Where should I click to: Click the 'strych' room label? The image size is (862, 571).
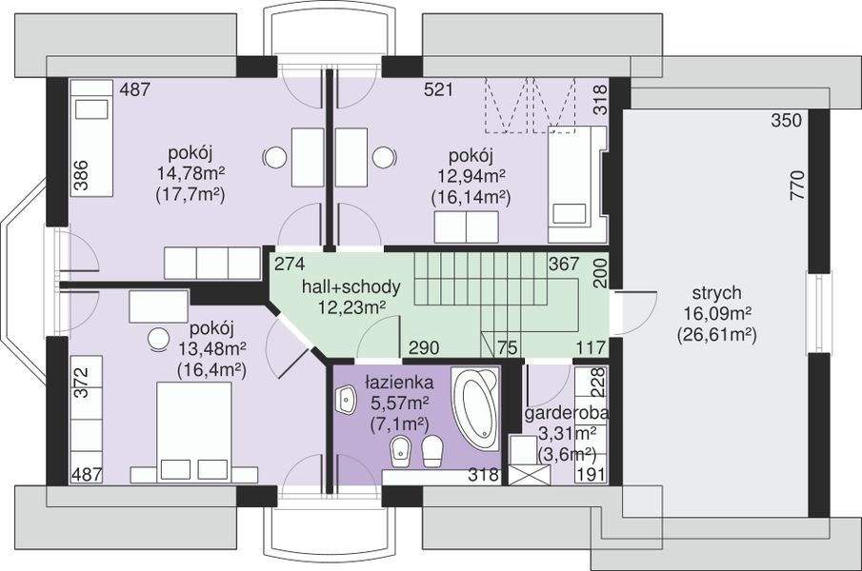[716, 293]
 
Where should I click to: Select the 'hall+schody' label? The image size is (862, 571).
[351, 286]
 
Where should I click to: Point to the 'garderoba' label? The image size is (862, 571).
[567, 413]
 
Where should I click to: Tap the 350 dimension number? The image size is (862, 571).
[786, 120]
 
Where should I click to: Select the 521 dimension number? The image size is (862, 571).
[438, 89]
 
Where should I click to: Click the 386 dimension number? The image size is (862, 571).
[81, 174]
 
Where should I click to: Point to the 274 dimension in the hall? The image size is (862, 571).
[290, 265]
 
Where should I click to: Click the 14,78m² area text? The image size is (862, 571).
[190, 173]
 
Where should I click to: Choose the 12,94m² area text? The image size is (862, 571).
[471, 177]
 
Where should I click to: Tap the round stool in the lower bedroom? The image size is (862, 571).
[159, 339]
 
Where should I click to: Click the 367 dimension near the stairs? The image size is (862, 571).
[564, 265]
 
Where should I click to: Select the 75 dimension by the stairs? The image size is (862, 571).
[508, 347]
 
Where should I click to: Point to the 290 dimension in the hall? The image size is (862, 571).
[424, 347]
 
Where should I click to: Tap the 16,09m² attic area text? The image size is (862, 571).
[717, 313]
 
